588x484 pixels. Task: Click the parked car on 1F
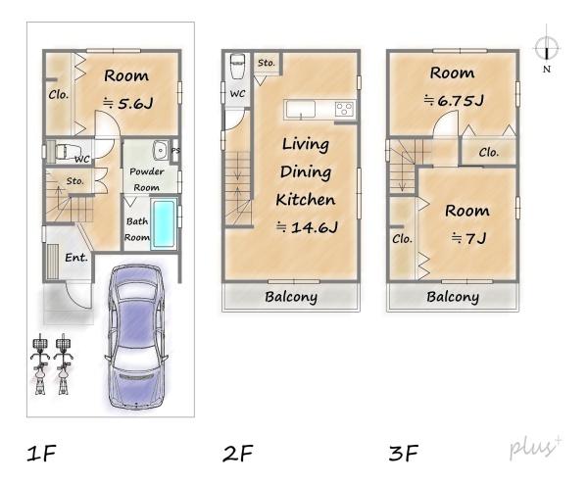(136, 337)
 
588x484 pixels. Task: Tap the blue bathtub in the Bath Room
(164, 223)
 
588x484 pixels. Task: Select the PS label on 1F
(175, 150)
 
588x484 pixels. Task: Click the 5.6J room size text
(127, 103)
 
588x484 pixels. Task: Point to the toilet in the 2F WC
(237, 66)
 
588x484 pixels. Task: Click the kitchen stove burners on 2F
(344, 109)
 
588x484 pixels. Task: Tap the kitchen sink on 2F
(301, 109)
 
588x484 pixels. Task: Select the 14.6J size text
(307, 227)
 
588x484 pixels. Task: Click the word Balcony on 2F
(291, 297)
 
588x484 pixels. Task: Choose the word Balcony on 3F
(453, 297)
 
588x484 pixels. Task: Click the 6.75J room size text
(454, 100)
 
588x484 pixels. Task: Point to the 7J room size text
(468, 238)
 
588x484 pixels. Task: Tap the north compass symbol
(547, 48)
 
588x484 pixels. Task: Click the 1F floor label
(41, 453)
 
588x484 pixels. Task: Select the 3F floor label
(404, 453)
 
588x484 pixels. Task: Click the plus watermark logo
(535, 447)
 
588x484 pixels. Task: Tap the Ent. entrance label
(76, 258)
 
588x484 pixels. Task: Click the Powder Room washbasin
(161, 150)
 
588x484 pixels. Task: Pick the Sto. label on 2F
(267, 63)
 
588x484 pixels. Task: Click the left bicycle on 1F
(40, 363)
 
